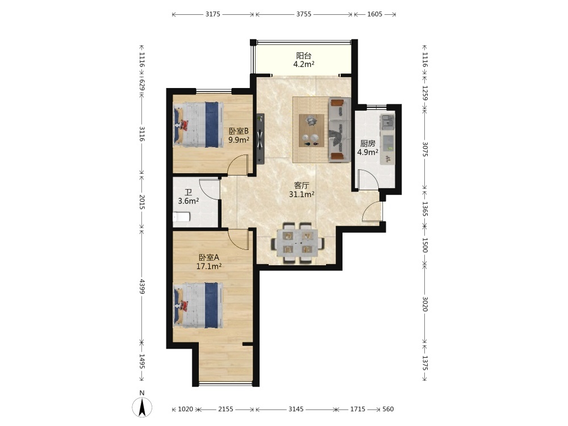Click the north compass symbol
click(x=142, y=407)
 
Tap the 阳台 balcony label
click(x=303, y=56)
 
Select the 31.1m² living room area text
click(x=302, y=194)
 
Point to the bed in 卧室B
click(x=198, y=124)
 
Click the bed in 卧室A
click(x=198, y=306)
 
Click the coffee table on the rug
click(x=311, y=131)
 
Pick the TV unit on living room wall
click(x=260, y=139)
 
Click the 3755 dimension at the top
click(x=303, y=14)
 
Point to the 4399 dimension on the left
click(x=142, y=286)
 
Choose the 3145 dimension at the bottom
click(x=296, y=409)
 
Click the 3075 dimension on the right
click(x=425, y=149)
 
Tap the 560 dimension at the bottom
click(x=388, y=409)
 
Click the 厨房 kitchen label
click(x=367, y=144)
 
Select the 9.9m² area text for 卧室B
click(x=239, y=140)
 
